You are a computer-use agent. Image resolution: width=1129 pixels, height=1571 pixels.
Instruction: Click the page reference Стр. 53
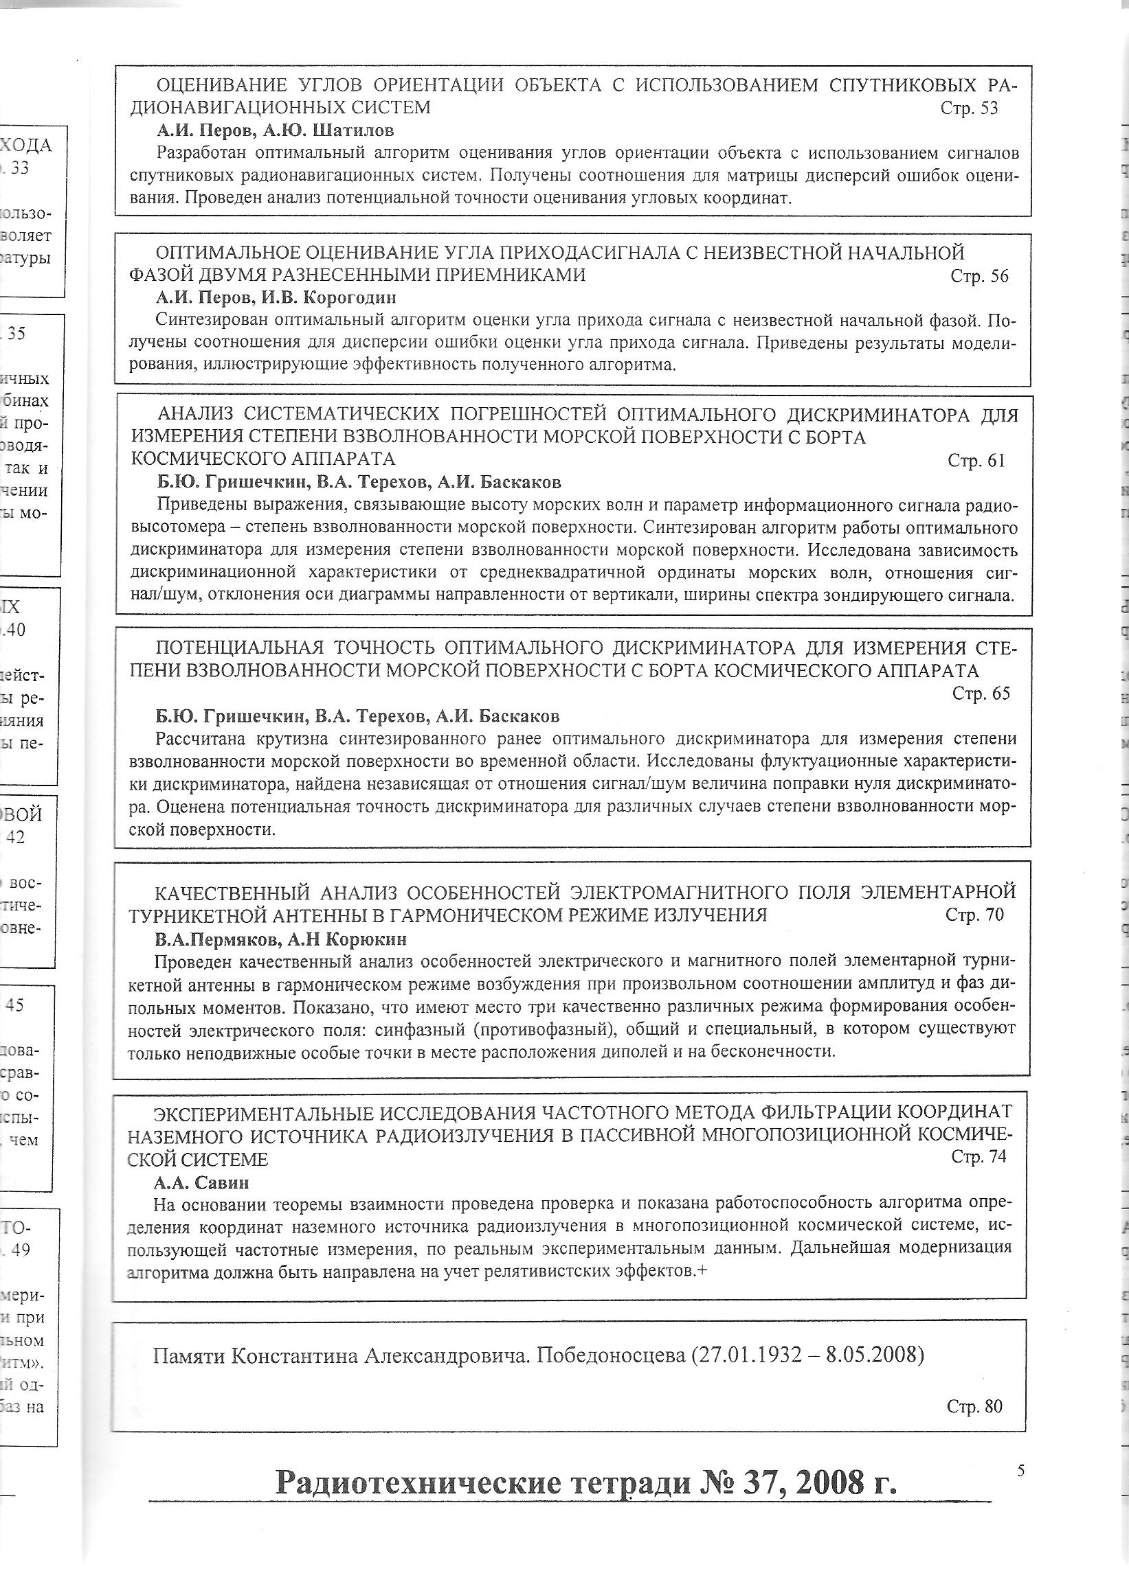(x=969, y=108)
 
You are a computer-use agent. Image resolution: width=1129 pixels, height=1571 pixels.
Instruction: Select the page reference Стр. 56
(x=979, y=277)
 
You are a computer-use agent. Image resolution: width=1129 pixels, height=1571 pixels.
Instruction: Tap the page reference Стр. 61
(x=976, y=461)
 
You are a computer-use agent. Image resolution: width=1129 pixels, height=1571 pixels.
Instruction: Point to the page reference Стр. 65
(x=981, y=693)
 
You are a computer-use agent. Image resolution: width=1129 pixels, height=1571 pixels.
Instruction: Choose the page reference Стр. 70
(x=974, y=915)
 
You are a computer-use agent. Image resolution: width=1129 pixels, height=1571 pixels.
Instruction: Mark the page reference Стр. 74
(x=978, y=1156)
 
